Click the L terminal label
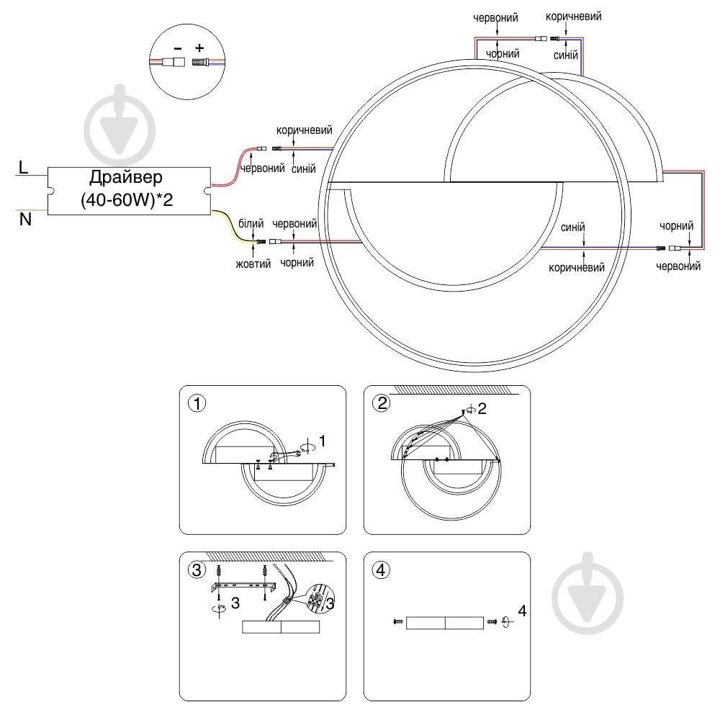pyautogui.click(x=24, y=168)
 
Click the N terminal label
pyautogui.click(x=25, y=220)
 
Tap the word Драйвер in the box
pyautogui.click(x=127, y=178)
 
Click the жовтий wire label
pyautogui.click(x=253, y=264)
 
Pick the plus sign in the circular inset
pyautogui.click(x=199, y=49)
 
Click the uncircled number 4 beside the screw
pyautogui.click(x=522, y=611)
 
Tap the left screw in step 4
pyautogui.click(x=397, y=621)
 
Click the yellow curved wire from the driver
pyautogui.click(x=234, y=234)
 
